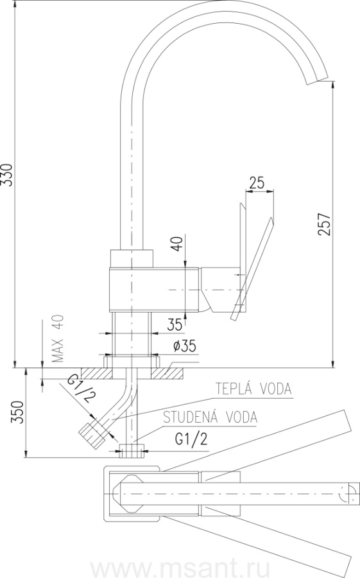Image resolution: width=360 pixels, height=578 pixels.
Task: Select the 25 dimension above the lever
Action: click(x=257, y=182)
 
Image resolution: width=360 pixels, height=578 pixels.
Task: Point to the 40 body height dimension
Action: click(x=178, y=243)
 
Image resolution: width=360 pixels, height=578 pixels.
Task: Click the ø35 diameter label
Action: click(x=184, y=346)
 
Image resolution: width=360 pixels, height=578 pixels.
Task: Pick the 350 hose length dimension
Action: click(x=19, y=412)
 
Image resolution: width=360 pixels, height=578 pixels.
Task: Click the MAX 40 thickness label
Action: click(x=58, y=338)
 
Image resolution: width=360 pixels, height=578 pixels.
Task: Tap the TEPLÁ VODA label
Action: click(x=253, y=389)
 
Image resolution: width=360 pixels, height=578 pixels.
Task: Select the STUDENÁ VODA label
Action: click(x=210, y=417)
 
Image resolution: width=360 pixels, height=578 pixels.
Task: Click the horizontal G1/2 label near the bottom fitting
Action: click(x=191, y=439)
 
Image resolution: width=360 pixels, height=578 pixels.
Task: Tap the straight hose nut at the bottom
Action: click(x=132, y=450)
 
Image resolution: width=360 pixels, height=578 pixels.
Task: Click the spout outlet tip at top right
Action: click(x=317, y=81)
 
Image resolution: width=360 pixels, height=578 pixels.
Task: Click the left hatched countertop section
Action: click(x=96, y=373)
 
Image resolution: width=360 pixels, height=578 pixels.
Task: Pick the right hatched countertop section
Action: click(x=167, y=373)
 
